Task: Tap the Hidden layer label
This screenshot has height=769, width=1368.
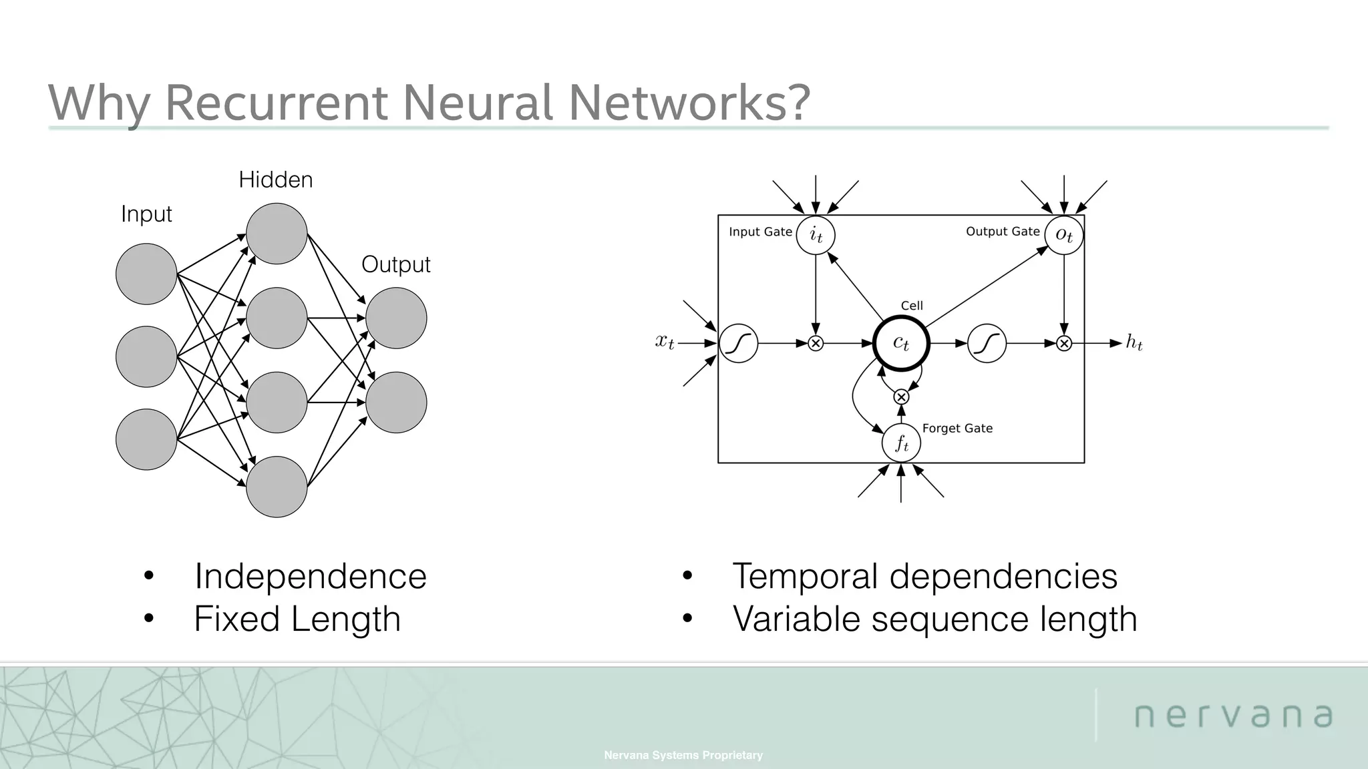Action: (x=275, y=180)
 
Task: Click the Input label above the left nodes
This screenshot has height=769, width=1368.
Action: (x=146, y=214)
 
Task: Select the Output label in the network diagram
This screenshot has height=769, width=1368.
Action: (x=395, y=264)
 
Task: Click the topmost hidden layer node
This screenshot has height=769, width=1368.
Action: (x=277, y=234)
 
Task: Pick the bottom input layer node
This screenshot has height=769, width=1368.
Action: (x=146, y=439)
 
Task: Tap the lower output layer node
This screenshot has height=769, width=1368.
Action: (x=396, y=403)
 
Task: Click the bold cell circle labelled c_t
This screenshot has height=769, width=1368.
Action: (x=901, y=343)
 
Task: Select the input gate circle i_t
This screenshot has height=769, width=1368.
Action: (x=816, y=235)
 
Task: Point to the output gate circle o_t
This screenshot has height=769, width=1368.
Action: (x=1064, y=235)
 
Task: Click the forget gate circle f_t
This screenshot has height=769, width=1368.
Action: (x=901, y=443)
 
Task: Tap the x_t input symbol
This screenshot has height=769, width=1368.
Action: (x=665, y=342)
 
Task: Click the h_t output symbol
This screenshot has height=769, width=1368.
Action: (x=1134, y=342)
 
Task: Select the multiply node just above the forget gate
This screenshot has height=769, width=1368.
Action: (x=901, y=397)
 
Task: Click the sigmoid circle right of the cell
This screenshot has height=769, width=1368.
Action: (x=987, y=343)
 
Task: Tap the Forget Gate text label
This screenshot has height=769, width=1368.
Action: (x=957, y=428)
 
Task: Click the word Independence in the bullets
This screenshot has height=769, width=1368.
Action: (x=310, y=576)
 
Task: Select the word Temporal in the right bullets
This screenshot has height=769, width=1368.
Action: (x=805, y=576)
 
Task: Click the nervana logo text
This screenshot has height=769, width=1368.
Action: (x=1233, y=715)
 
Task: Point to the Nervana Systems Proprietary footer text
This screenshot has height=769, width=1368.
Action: (x=683, y=755)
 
